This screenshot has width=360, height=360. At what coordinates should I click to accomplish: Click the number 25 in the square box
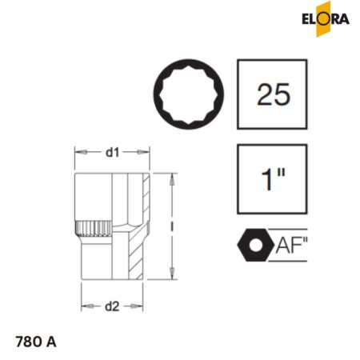click(x=272, y=94)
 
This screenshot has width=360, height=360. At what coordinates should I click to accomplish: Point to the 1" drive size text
click(x=272, y=178)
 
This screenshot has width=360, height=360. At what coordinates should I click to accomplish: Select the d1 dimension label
click(x=113, y=150)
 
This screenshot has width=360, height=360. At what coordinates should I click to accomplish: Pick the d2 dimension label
click(x=113, y=306)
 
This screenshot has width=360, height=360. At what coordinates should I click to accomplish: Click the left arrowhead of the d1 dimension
click(x=79, y=150)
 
